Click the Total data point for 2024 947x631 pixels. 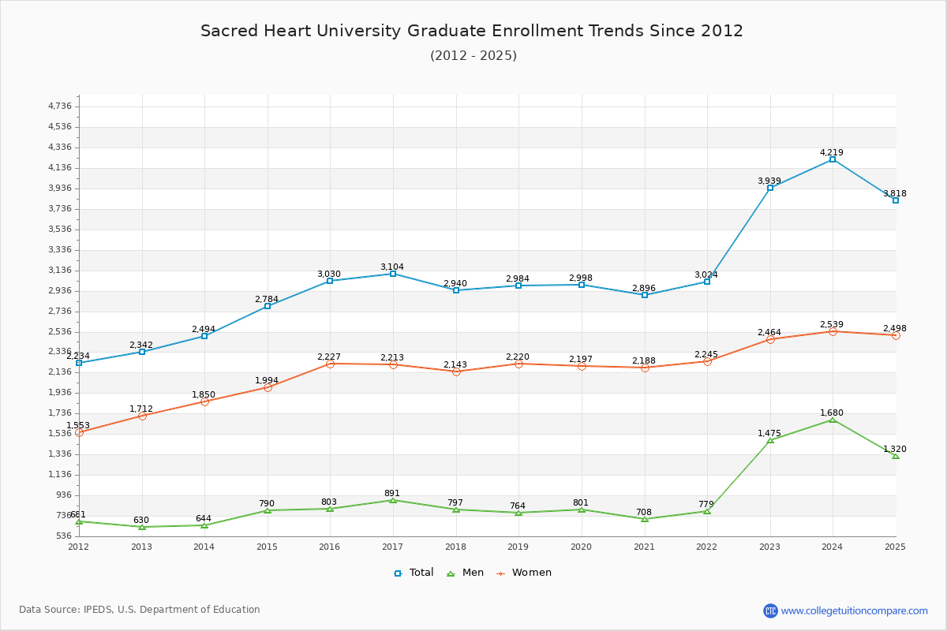coord(833,159)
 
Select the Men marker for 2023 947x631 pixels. coord(770,440)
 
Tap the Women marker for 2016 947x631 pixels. coord(330,364)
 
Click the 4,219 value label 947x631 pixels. coord(832,152)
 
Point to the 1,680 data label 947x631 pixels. coord(832,413)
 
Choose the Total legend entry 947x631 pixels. coord(414,573)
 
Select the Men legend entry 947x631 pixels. coord(466,573)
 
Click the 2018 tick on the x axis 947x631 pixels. coord(456,546)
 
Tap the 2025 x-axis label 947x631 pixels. coord(895,546)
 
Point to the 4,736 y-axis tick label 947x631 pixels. coord(59,106)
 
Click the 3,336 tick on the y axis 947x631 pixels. coord(59,250)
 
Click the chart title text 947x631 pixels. coord(472,31)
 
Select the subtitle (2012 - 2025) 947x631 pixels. coord(473,55)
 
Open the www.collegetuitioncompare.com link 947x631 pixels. coord(854,610)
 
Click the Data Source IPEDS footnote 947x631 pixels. coord(140,610)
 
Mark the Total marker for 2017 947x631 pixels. coord(393,274)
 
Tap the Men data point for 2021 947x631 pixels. coord(645,519)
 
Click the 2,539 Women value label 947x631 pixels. coord(832,324)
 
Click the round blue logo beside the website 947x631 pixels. coord(770,610)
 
